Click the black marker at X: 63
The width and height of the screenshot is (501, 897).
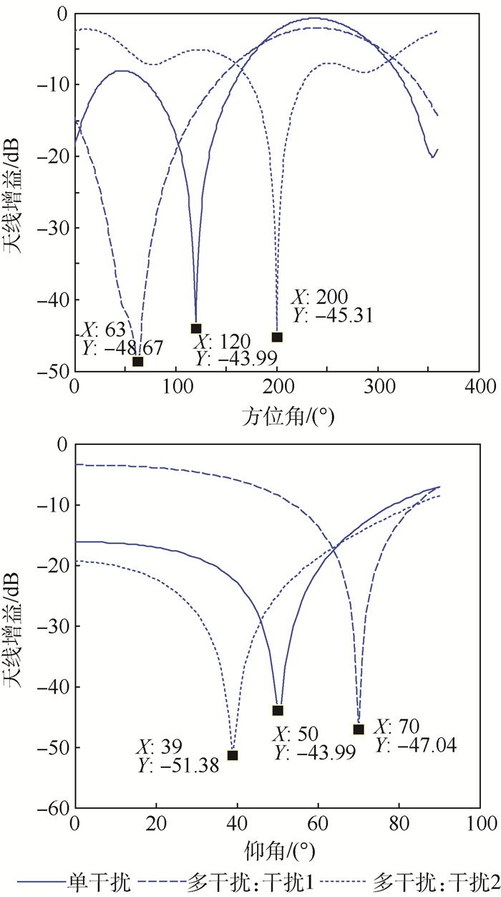coord(137,361)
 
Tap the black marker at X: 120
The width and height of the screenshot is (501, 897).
coord(196,328)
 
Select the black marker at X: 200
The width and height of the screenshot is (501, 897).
coord(277,337)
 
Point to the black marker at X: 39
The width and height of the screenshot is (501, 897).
coord(232,755)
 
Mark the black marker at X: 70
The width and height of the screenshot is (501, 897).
coord(359,729)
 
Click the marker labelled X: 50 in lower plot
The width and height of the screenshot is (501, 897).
coord(278,710)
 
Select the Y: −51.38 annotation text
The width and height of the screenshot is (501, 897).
coord(178,766)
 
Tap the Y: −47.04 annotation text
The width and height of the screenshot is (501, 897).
coord(416,747)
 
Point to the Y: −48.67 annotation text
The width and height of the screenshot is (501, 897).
coord(122,347)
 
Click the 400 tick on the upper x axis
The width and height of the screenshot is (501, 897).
coord(480,388)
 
